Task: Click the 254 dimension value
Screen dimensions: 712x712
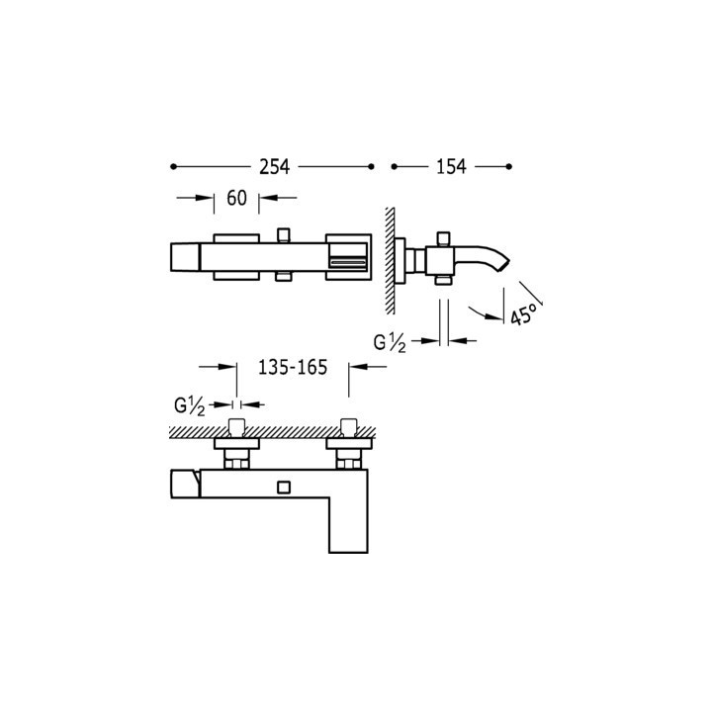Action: click(x=274, y=167)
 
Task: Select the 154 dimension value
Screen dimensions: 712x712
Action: click(x=451, y=167)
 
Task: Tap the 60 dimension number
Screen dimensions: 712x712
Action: click(x=236, y=198)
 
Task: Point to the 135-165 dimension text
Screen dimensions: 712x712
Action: click(x=293, y=367)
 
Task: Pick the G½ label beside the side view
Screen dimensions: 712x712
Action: click(x=390, y=343)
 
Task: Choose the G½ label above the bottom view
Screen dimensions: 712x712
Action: click(x=190, y=405)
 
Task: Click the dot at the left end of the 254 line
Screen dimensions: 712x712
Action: click(x=173, y=167)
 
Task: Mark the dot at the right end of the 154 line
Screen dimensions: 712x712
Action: click(x=509, y=167)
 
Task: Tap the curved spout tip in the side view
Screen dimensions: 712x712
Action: click(x=503, y=266)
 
